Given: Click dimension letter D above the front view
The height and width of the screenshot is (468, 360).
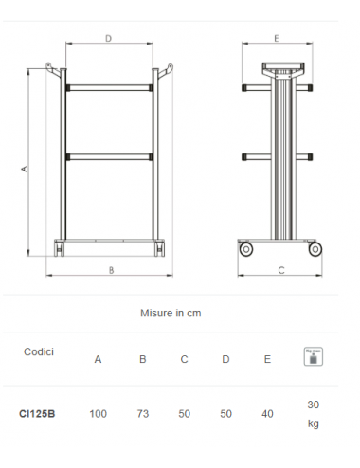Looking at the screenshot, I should (x=108, y=39).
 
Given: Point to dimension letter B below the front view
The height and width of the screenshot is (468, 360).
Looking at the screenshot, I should (x=111, y=270).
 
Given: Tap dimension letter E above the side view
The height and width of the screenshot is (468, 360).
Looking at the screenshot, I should (x=276, y=39).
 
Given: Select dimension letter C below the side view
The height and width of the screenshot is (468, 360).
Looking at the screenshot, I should (x=280, y=270).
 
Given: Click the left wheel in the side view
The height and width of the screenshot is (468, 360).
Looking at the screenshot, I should (x=248, y=249).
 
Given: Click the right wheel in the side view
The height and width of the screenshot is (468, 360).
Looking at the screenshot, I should (x=317, y=249).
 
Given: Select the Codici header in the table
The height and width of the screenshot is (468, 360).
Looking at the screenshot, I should (x=39, y=351).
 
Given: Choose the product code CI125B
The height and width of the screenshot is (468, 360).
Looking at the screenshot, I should (x=37, y=414).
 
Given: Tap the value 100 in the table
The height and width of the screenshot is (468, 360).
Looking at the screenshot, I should (x=98, y=414).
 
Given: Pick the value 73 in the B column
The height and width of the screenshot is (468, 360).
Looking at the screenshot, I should (x=142, y=414).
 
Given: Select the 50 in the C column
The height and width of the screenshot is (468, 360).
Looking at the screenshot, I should (x=185, y=414).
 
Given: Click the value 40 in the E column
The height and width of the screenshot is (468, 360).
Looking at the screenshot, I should (x=268, y=414).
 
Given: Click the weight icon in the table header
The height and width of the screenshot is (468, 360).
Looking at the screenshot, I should (x=313, y=356).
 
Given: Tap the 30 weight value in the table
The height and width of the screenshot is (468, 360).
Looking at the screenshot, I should (x=313, y=405).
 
